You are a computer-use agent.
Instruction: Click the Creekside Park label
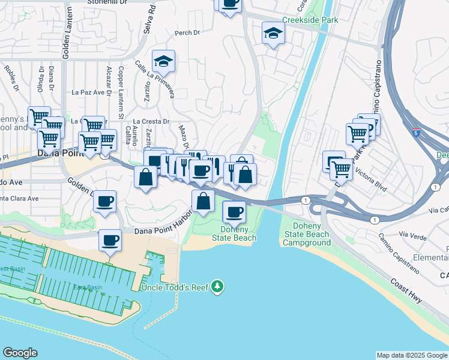(x=310, y=20)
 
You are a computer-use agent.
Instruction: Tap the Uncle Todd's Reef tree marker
(x=218, y=287)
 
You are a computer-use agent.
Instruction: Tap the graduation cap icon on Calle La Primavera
(x=163, y=61)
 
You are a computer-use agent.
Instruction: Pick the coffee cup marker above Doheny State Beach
(x=234, y=212)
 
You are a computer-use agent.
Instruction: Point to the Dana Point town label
(x=58, y=153)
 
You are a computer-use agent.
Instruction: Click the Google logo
(x=20, y=353)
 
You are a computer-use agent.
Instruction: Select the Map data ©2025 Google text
(x=411, y=355)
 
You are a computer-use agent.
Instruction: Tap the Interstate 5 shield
(x=416, y=132)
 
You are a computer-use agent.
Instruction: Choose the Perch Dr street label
(x=187, y=32)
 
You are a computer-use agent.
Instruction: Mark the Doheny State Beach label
(x=234, y=233)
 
